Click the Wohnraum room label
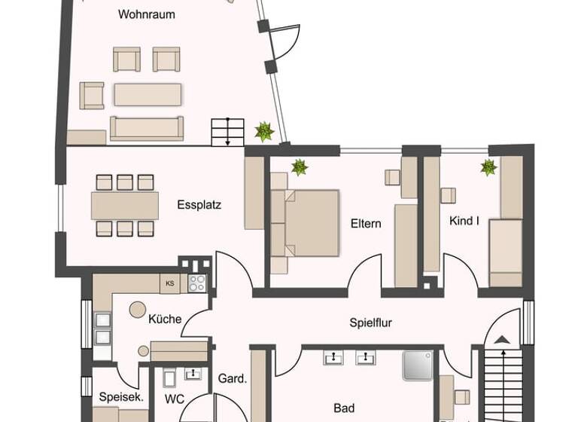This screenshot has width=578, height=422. tap(147, 14)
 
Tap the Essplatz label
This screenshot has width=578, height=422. tap(199, 204)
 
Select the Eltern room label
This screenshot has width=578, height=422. tap(366, 224)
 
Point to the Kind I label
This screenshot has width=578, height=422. tap(464, 221)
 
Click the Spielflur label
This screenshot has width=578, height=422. tap(371, 323)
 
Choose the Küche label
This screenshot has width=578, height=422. tap(165, 319)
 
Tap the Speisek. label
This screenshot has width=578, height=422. tap(121, 397)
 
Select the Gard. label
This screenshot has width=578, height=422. tap(233, 378)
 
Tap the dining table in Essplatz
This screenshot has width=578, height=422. tap(125, 205)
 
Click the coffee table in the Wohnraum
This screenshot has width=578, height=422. tap(148, 93)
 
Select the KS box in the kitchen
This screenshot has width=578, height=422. tap(170, 283)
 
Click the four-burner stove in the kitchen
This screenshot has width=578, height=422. tap(197, 283)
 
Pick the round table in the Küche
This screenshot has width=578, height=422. tap(136, 309)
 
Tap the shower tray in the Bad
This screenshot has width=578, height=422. tap(417, 365)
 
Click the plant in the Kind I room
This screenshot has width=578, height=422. tap(489, 167)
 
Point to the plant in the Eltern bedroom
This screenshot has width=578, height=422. tap(300, 167)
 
